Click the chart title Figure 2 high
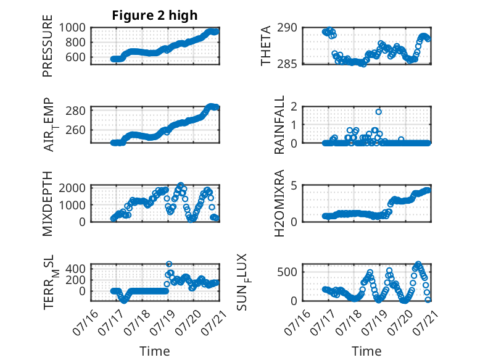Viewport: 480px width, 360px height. point(155,15)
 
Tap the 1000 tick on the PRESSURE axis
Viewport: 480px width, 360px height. point(72,28)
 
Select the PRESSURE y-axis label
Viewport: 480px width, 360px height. point(48,46)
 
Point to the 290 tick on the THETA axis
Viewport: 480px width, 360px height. point(287,28)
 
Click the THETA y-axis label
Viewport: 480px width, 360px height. point(266,46)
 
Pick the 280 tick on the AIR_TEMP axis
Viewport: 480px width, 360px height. point(75,111)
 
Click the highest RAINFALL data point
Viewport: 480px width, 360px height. point(379,112)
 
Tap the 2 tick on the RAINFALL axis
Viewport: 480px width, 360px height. point(294,107)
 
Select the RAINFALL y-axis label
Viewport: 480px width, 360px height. point(279,125)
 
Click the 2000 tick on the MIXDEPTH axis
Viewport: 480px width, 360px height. point(72,188)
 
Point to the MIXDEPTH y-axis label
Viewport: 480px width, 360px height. point(48,204)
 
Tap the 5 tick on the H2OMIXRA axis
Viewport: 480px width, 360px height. point(294,185)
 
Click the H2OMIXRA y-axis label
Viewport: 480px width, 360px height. point(279,203)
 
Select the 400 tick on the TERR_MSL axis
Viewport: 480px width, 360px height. point(75,269)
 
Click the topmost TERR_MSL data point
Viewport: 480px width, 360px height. point(169,264)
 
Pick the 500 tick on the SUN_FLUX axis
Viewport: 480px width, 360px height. point(287,272)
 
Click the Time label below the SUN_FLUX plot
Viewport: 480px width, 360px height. point(366,351)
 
